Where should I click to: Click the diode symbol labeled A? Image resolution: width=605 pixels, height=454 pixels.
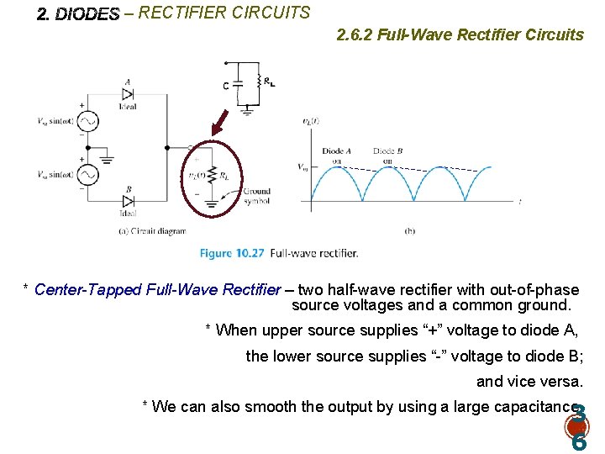[128, 94]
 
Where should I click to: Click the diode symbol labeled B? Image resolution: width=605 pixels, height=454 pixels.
[128, 200]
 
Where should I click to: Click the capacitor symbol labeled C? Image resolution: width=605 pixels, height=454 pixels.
[237, 84]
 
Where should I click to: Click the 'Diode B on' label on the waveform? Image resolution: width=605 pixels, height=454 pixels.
[387, 156]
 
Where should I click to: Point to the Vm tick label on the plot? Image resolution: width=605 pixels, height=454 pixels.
[304, 166]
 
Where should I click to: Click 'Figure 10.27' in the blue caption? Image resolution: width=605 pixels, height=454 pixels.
[232, 252]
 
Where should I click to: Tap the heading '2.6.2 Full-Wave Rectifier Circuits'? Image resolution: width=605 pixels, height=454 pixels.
[459, 34]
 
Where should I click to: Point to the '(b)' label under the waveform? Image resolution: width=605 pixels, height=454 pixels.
[409, 230]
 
